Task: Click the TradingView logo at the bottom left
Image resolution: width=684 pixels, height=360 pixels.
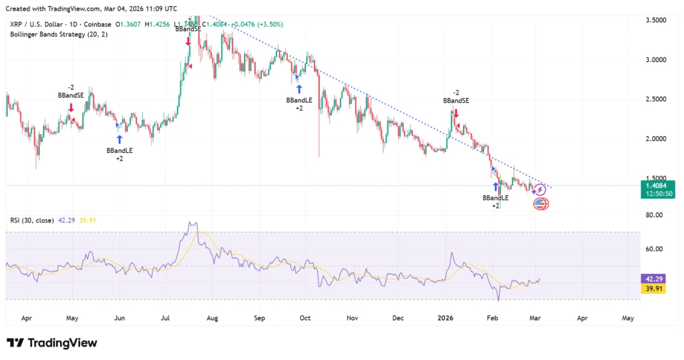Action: [52, 343]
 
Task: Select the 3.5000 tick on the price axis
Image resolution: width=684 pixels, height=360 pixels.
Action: [659, 20]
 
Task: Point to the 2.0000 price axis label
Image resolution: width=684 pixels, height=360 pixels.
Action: [659, 139]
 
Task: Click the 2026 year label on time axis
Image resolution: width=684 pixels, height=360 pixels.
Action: [446, 319]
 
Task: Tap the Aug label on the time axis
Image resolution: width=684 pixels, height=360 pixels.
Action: [213, 319]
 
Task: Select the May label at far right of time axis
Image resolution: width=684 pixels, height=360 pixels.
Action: [628, 319]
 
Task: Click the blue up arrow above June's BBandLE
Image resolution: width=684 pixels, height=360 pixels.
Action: [120, 139]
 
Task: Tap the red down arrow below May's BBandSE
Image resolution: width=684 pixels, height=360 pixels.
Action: [71, 107]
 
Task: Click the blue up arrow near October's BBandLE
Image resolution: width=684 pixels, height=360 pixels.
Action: [299, 88]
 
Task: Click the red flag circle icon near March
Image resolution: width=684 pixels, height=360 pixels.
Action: [540, 204]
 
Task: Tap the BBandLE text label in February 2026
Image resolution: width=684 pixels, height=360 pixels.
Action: [496, 198]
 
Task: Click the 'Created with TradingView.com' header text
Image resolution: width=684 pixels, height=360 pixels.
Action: [91, 9]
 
